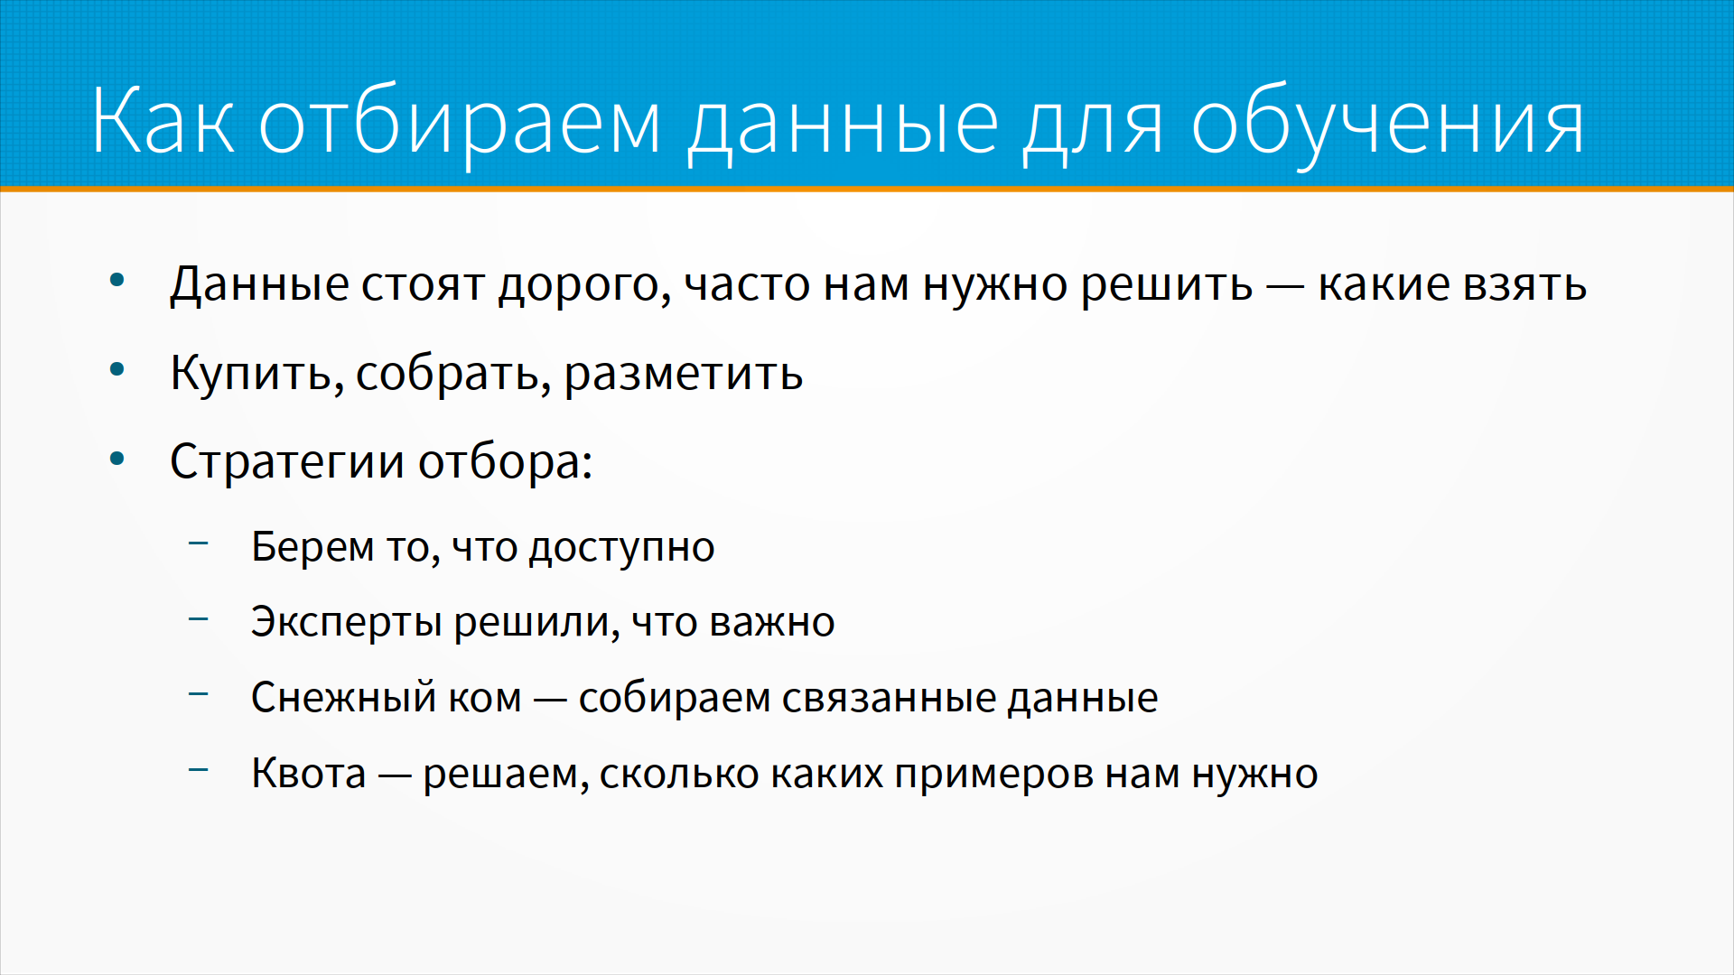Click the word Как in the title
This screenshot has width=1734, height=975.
tap(163, 121)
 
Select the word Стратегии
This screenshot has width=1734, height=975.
tap(287, 462)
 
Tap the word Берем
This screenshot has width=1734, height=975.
tap(312, 547)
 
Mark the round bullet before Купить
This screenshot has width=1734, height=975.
tap(117, 370)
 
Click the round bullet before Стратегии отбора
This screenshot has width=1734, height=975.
tap(117, 459)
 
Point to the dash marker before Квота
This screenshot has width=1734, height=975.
tap(199, 769)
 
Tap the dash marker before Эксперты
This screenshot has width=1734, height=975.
tap(199, 618)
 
